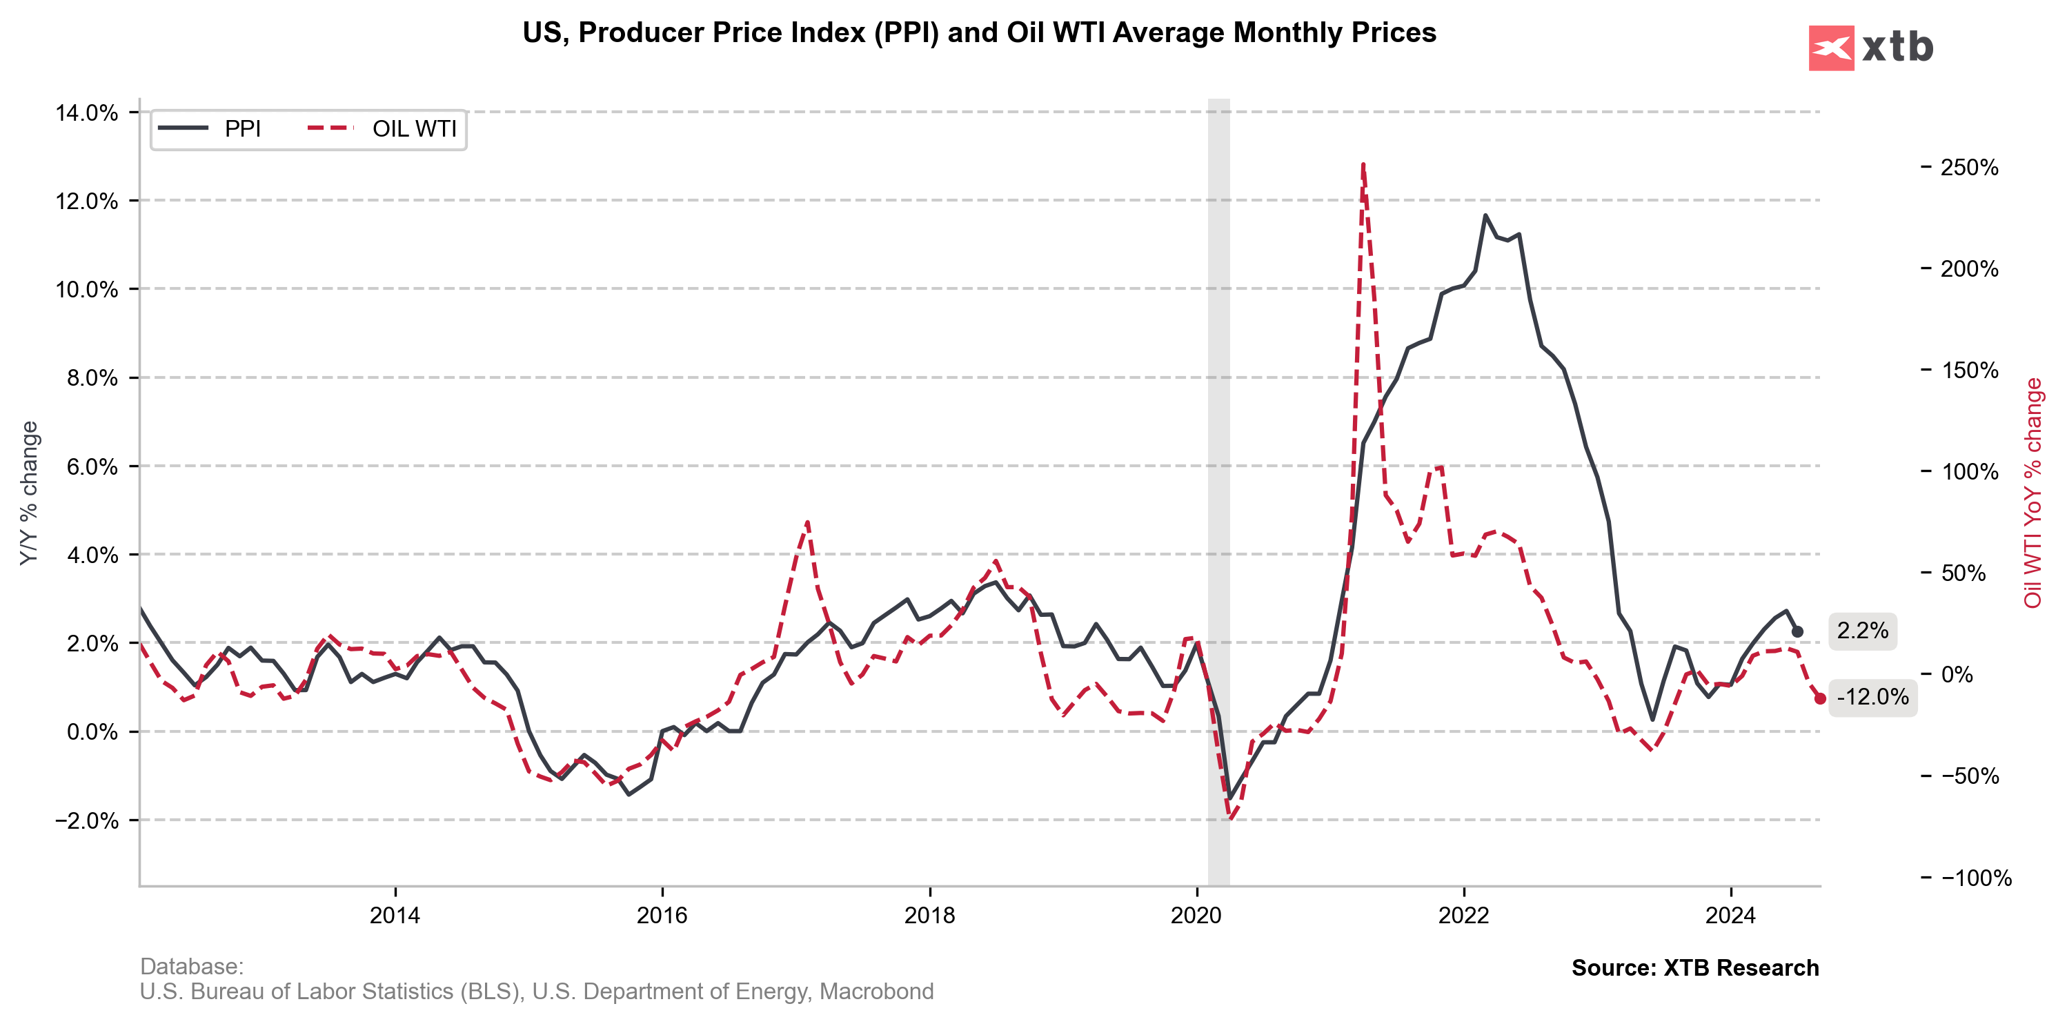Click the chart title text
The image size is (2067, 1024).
pyautogui.click(x=979, y=33)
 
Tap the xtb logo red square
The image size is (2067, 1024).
pyautogui.click(x=1830, y=48)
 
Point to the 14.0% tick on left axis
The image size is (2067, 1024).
pyautogui.click(x=87, y=113)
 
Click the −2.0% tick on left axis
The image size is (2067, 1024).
pyautogui.click(x=87, y=821)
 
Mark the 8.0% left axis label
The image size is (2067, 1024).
pyautogui.click(x=92, y=378)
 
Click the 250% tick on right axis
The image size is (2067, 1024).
pyautogui.click(x=1968, y=168)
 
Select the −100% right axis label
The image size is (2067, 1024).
pyautogui.click(x=1975, y=878)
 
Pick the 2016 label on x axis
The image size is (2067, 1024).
pyautogui.click(x=662, y=916)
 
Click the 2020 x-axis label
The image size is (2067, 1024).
pyautogui.click(x=1196, y=916)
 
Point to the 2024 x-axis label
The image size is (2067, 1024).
pyautogui.click(x=1731, y=916)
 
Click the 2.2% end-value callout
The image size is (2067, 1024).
pyautogui.click(x=1861, y=631)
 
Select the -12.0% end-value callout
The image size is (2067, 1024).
pyautogui.click(x=1872, y=696)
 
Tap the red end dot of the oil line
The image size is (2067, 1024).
pyautogui.click(x=1820, y=699)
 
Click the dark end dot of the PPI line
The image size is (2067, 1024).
pyautogui.click(x=1797, y=631)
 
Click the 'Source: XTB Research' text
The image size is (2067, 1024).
pyautogui.click(x=1694, y=968)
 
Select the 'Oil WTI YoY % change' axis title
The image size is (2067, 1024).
pyautogui.click(x=2033, y=493)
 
